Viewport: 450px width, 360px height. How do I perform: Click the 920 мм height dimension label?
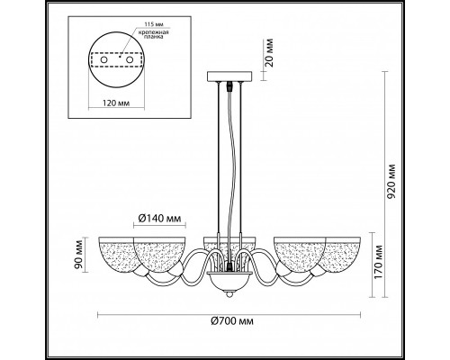point(391,181)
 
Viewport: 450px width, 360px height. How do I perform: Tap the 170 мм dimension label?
point(379,262)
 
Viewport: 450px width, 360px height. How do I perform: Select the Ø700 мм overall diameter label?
point(232,321)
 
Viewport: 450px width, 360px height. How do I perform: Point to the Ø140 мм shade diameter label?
point(159,218)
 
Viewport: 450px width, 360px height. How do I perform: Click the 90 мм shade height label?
point(79,256)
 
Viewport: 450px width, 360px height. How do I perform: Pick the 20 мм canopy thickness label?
point(269,52)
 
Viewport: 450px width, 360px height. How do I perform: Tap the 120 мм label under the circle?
point(116,103)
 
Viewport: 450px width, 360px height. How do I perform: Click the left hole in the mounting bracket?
point(103,60)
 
